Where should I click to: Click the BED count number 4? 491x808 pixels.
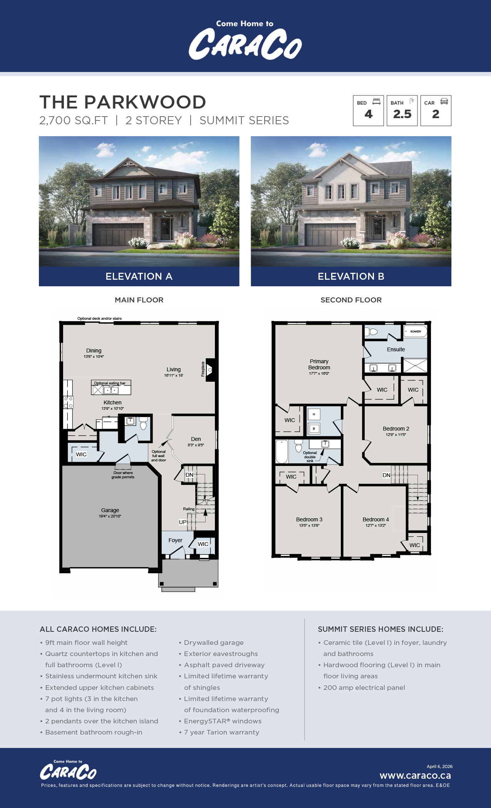[369, 114]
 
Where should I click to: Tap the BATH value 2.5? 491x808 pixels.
[402, 114]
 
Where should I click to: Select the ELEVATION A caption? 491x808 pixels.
[139, 276]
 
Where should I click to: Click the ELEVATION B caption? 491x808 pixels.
[351, 276]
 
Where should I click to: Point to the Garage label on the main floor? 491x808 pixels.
[110, 510]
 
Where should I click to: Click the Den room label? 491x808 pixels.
[196, 439]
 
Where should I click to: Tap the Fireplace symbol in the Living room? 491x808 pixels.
[211, 370]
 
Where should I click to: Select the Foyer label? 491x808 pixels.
[175, 540]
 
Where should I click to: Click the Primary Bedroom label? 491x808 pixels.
[319, 364]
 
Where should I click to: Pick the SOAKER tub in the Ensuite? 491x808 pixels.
[415, 331]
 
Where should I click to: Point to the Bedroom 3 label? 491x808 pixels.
[309, 519]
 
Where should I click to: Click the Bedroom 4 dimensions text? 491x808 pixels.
[375, 526]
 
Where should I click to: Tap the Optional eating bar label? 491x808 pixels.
[110, 383]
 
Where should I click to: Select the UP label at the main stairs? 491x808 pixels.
[183, 522]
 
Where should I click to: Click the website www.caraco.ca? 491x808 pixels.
[415, 776]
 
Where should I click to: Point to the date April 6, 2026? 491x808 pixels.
[439, 766]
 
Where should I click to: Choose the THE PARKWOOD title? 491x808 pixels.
[123, 102]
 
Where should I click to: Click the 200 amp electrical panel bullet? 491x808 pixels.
[364, 688]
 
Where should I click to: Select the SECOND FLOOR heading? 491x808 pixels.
[351, 300]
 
